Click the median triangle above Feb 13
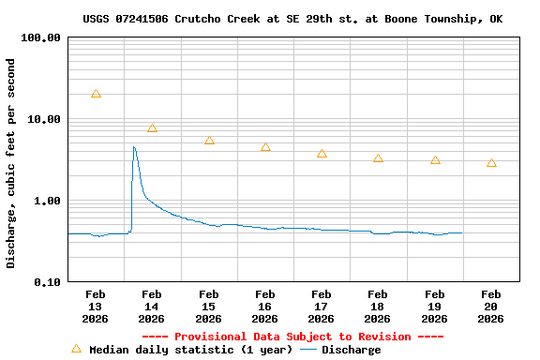pos(96,94)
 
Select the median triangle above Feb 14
pos(152,127)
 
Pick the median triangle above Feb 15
pos(209,140)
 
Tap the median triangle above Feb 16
pos(265,147)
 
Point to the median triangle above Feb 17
pos(322,153)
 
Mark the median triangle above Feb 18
pos(378,158)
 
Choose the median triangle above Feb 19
pos(435,160)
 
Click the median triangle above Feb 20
pos(491,163)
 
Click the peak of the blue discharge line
pos(134,146)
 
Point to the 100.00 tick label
pos(40,38)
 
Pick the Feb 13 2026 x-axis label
pos(96,307)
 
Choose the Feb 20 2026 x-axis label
pos(491,307)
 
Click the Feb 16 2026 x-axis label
pos(265,307)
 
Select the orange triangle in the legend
pos(77,349)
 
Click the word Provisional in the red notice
pos(210,337)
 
